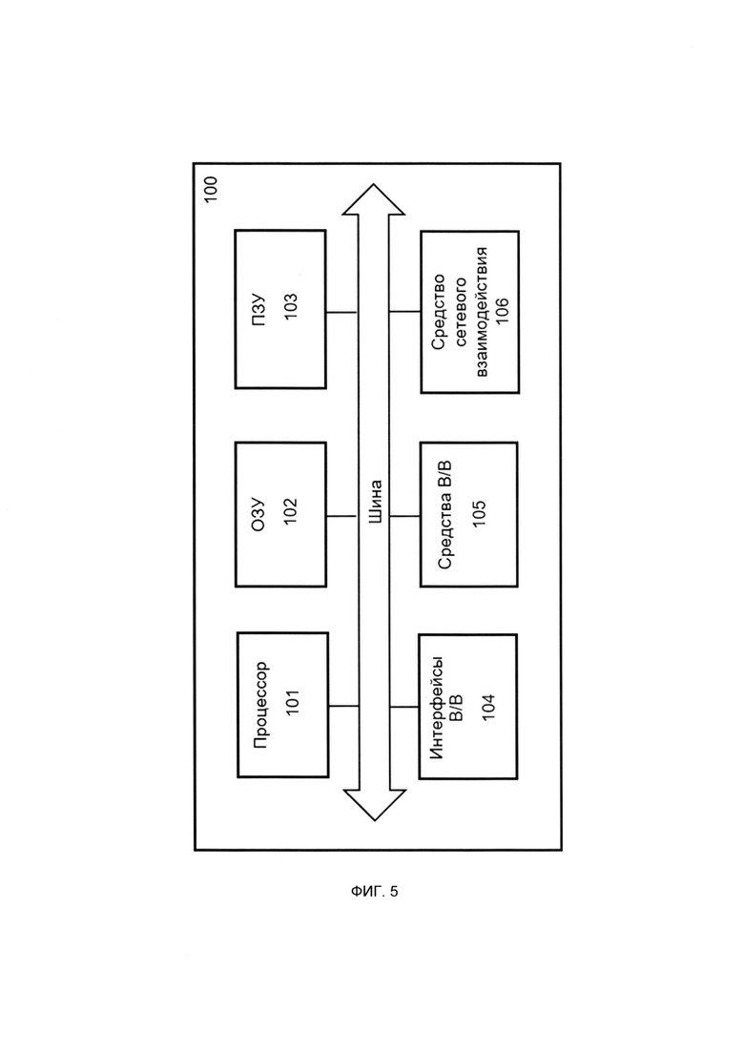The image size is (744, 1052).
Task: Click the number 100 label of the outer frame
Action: (211, 190)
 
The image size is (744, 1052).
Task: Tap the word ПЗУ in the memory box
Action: (258, 309)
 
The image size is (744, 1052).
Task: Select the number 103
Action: (291, 306)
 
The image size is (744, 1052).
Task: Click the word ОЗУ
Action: (258, 515)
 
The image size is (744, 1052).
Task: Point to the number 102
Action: (291, 511)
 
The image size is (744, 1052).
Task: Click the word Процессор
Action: (261, 705)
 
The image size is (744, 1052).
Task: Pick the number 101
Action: (293, 702)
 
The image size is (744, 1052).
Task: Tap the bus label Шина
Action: (375, 502)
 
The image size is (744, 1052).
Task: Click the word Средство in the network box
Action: (438, 312)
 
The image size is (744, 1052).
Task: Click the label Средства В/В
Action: (444, 515)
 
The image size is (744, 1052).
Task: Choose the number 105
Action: (479, 513)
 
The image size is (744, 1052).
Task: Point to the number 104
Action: (488, 707)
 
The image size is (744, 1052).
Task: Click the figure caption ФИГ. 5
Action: (374, 892)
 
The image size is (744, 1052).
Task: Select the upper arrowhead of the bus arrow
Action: (374, 199)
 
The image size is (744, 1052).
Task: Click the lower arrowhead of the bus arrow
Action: (374, 805)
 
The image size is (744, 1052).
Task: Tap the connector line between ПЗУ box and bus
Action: (341, 313)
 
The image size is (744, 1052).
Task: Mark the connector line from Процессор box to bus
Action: (343, 706)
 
